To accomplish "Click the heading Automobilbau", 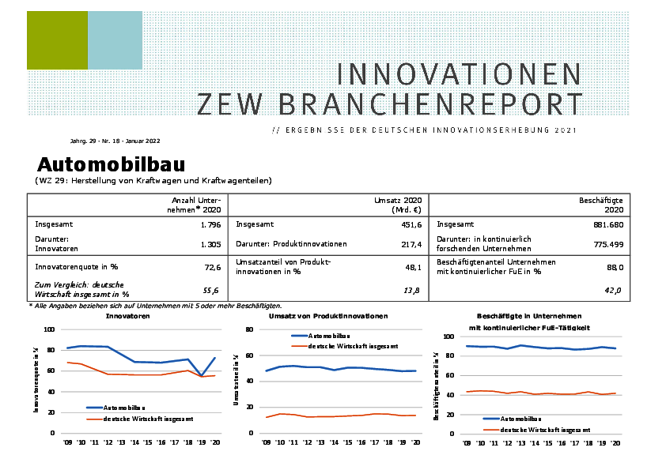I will click(x=111, y=164).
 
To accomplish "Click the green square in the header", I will click(x=56, y=40).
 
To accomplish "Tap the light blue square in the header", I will click(x=115, y=40).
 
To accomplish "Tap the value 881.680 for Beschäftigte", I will click(x=607, y=224).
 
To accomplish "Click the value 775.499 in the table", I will click(x=607, y=245).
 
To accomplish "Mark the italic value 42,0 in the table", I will click(x=614, y=291).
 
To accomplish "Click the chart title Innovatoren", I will click(x=127, y=316).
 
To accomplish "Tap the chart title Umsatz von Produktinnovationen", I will click(x=328, y=316).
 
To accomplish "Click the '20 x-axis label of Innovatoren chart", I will click(x=214, y=442).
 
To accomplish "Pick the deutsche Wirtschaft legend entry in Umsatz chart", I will click(x=352, y=346).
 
